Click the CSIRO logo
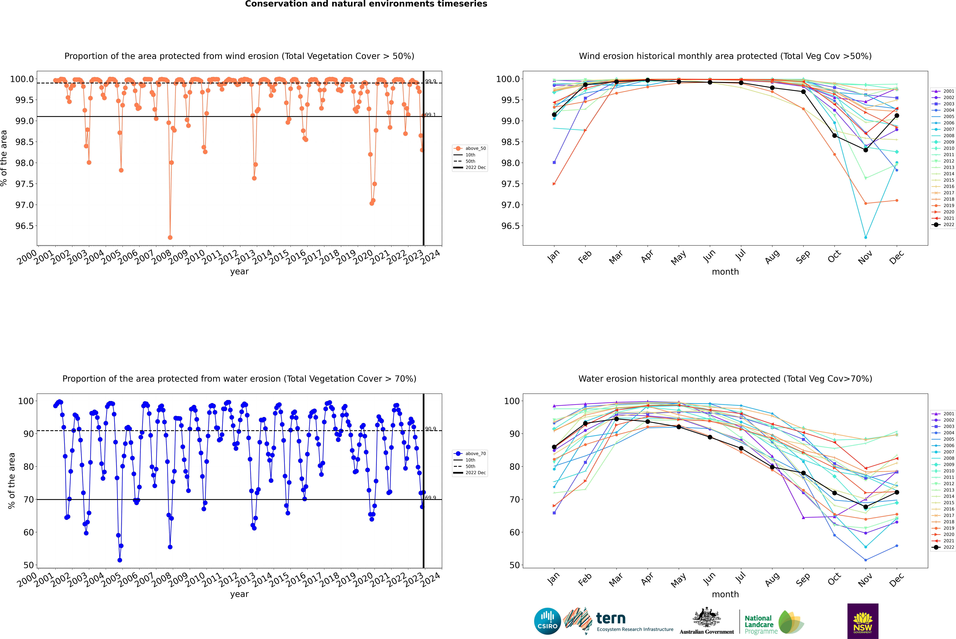pos(547,621)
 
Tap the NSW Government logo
pos(863,621)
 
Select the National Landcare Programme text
pos(759,625)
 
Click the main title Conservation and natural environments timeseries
pos(366,4)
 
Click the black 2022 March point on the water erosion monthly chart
pos(616,419)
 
